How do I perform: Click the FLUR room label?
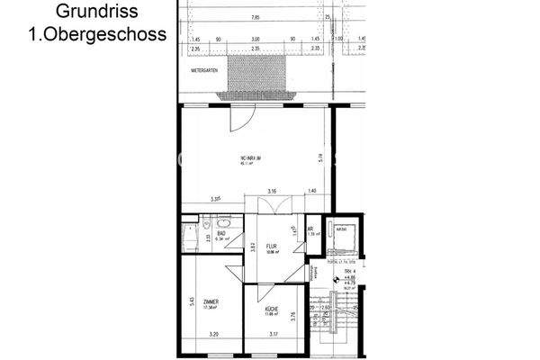(x=270, y=244)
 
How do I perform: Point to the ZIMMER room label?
(x=211, y=302)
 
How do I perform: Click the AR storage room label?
(x=310, y=229)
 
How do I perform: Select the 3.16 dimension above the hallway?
(x=272, y=192)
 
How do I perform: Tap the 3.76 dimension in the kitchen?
(x=293, y=314)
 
